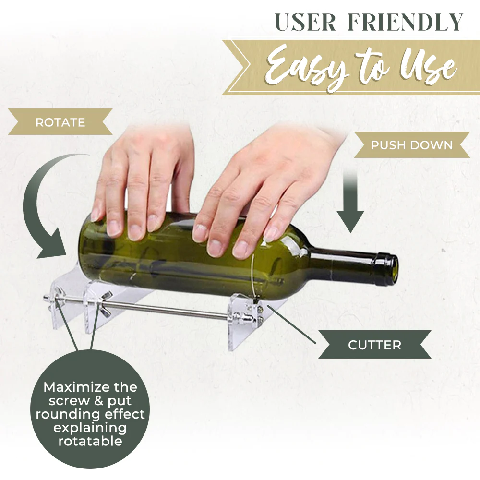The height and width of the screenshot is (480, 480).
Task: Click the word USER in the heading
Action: coord(305,22)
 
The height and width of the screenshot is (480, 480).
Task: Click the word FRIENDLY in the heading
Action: coord(405,22)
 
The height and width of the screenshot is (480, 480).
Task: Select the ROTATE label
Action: coord(60,122)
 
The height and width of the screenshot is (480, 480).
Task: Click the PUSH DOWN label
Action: coord(412,145)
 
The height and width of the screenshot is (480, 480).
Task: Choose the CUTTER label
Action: coord(374,345)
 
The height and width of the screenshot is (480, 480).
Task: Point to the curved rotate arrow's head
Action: coord(52,245)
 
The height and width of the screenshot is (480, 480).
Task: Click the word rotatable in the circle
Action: coord(90,441)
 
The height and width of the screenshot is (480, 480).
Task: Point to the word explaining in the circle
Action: coord(90,428)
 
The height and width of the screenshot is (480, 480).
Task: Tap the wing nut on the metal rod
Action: coord(103,303)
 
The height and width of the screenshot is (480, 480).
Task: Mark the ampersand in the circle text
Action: coord(98,401)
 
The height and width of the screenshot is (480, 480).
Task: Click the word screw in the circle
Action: coord(69,401)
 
